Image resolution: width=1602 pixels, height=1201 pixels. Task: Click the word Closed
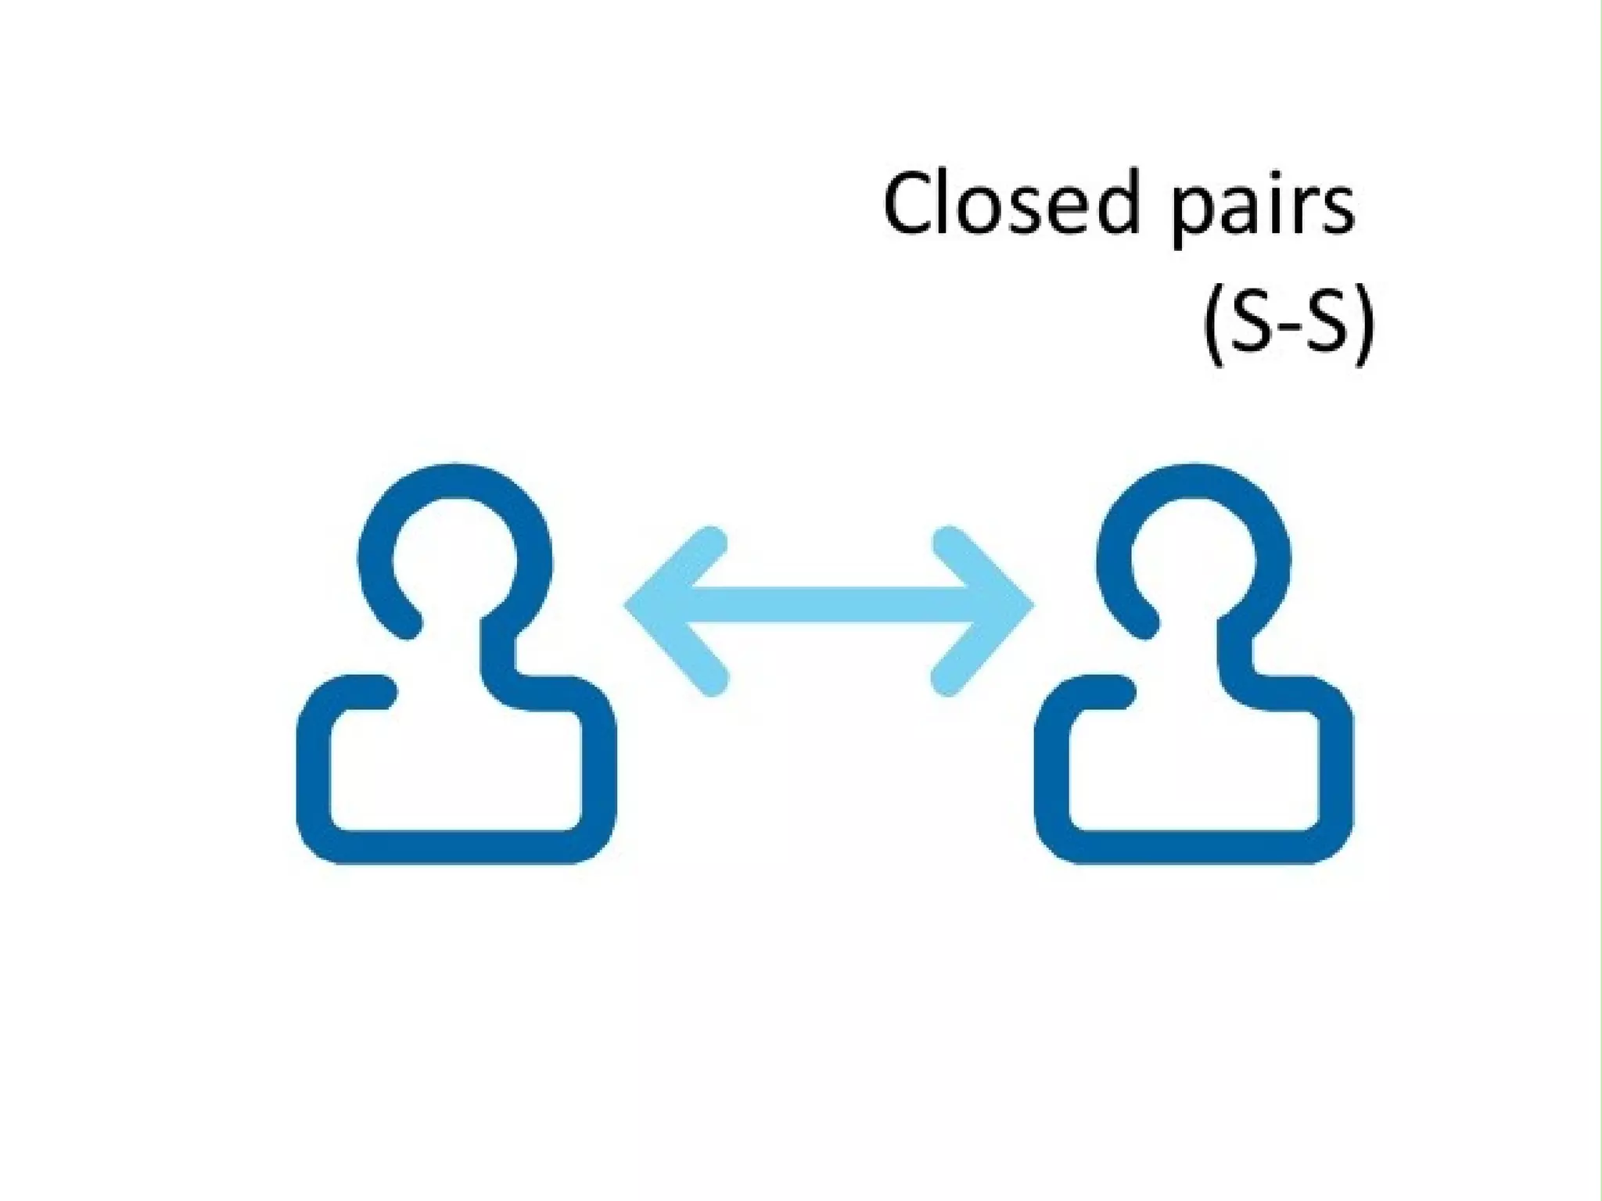point(1009,204)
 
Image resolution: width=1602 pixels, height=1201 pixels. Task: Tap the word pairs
point(1262,210)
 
